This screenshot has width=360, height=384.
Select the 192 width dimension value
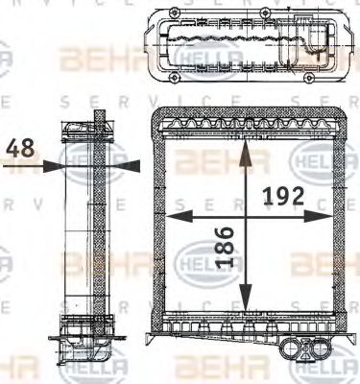283,196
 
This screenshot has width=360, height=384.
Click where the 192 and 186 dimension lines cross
247,218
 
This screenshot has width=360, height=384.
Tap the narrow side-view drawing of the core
95,230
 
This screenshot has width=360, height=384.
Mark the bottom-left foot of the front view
154,337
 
